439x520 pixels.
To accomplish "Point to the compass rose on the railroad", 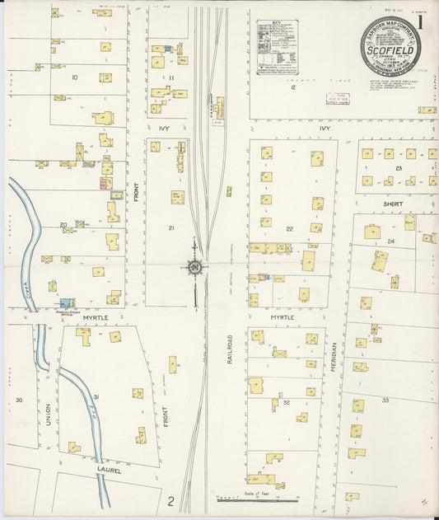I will pyautogui.click(x=194, y=266).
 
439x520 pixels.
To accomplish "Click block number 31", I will pyautogui.click(x=96, y=398).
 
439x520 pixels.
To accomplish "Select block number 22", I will pyautogui.click(x=289, y=228).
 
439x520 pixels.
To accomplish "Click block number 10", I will pyautogui.click(x=74, y=77).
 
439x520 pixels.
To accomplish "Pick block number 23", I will pyautogui.click(x=398, y=168).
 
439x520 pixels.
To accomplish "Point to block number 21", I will pyautogui.click(x=171, y=227).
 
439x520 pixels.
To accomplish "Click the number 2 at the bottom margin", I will pyautogui.click(x=171, y=500).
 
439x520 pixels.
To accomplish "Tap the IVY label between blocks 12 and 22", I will pyautogui.click(x=325, y=129).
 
